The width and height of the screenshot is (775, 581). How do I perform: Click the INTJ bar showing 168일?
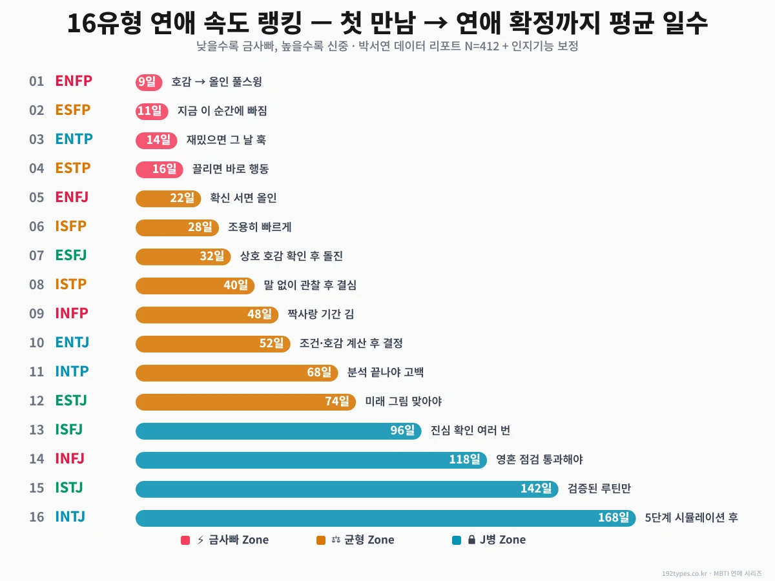(386, 518)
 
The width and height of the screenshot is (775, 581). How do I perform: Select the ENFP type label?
(74, 81)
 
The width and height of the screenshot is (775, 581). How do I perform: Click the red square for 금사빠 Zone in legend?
(185, 540)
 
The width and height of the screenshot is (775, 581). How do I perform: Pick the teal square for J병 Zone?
(457, 540)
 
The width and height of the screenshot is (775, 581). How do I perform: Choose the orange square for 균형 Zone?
(321, 540)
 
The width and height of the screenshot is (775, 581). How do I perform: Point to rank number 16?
(37, 517)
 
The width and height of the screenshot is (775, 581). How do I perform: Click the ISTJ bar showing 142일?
(347, 489)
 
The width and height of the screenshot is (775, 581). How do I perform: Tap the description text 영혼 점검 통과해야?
(539, 460)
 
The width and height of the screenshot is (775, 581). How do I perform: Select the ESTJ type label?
(71, 400)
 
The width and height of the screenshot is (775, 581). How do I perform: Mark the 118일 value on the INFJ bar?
(465, 460)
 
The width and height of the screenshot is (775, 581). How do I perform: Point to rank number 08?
(37, 285)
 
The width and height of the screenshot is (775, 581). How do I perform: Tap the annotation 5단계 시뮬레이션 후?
(691, 518)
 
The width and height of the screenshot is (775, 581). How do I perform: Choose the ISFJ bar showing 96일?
(278, 431)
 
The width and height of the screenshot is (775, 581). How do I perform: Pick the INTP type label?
(72, 371)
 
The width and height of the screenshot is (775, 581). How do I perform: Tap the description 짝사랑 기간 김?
(321, 314)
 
